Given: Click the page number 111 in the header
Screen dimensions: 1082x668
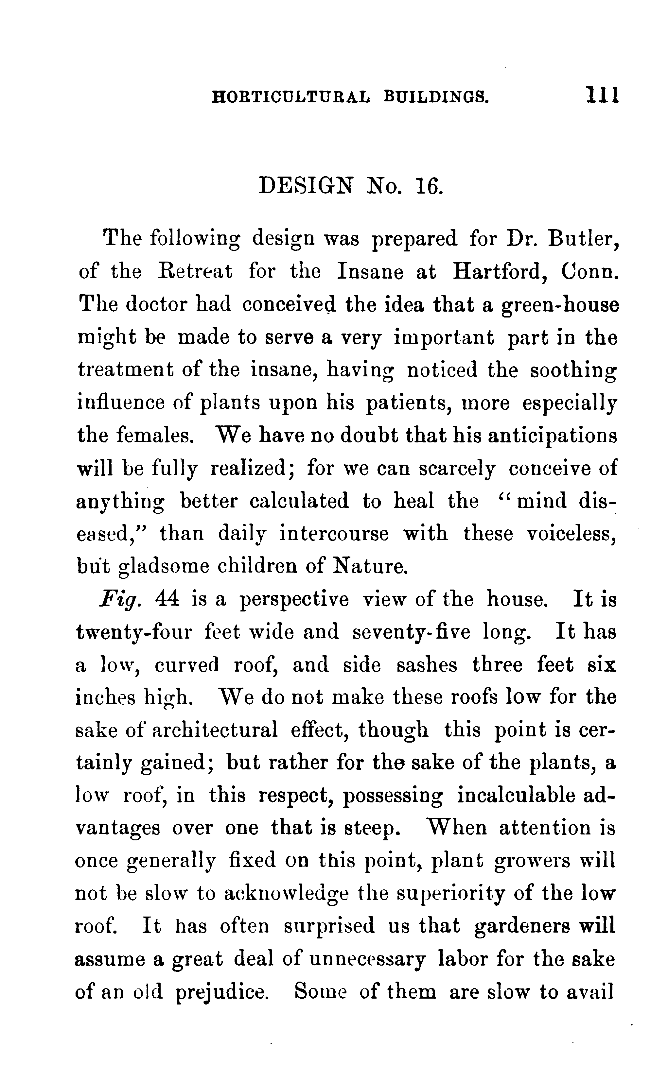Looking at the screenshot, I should tap(603, 94).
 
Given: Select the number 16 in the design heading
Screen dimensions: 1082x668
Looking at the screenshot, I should tap(429, 186).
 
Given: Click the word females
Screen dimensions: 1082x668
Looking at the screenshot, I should tap(155, 436).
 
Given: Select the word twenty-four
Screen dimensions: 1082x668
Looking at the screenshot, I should tap(134, 632).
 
